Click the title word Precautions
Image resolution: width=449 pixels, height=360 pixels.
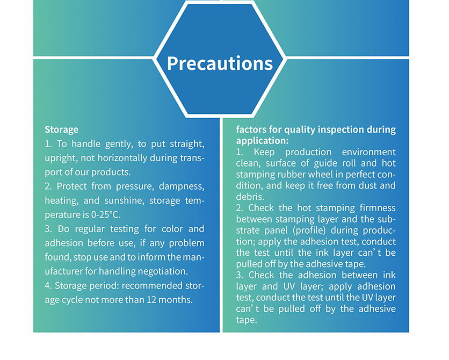point(220,63)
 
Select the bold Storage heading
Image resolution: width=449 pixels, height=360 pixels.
point(62,129)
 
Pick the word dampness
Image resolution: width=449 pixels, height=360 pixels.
point(182,186)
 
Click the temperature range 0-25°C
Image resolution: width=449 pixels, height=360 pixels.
point(105,214)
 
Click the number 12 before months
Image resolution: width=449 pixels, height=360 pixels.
point(151,300)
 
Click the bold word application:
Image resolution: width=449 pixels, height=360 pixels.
point(262,141)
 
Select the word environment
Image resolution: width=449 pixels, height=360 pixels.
point(369,152)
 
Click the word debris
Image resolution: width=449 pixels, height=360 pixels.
point(250,197)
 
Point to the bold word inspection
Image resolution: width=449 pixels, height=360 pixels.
point(341,129)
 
